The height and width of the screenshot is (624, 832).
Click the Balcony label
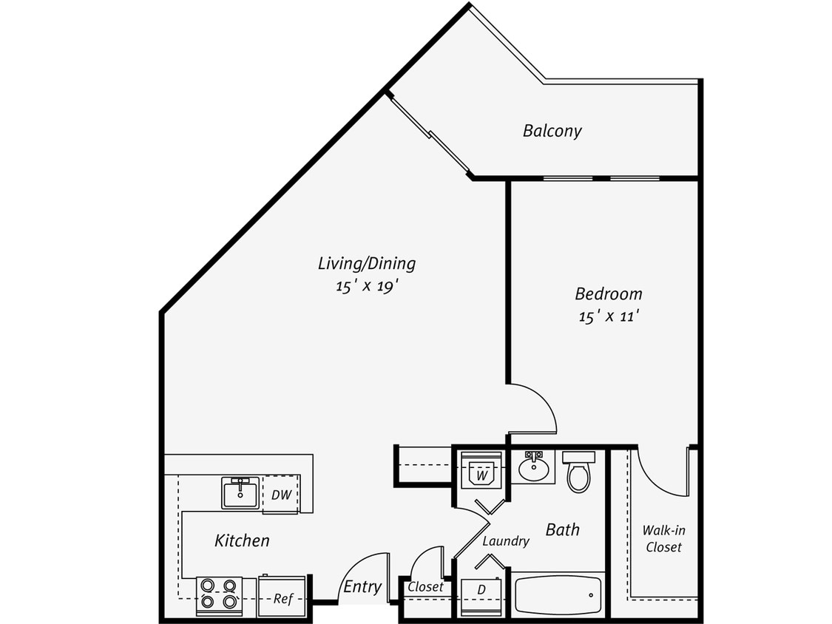click(552, 131)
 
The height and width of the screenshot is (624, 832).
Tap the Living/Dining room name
click(366, 263)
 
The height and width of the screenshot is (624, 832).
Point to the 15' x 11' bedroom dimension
click(608, 316)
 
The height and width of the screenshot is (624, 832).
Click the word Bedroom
click(608, 294)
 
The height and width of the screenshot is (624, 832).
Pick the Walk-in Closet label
click(663, 538)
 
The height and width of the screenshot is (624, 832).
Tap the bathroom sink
click(532, 467)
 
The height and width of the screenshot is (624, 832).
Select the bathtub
click(558, 595)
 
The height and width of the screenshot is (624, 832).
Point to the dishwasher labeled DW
click(280, 495)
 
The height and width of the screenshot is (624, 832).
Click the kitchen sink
click(240, 492)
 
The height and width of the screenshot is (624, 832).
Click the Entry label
click(362, 587)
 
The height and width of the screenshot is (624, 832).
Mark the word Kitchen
click(242, 540)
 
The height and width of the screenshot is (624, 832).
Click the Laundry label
click(505, 541)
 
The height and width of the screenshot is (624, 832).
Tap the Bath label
click(562, 529)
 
